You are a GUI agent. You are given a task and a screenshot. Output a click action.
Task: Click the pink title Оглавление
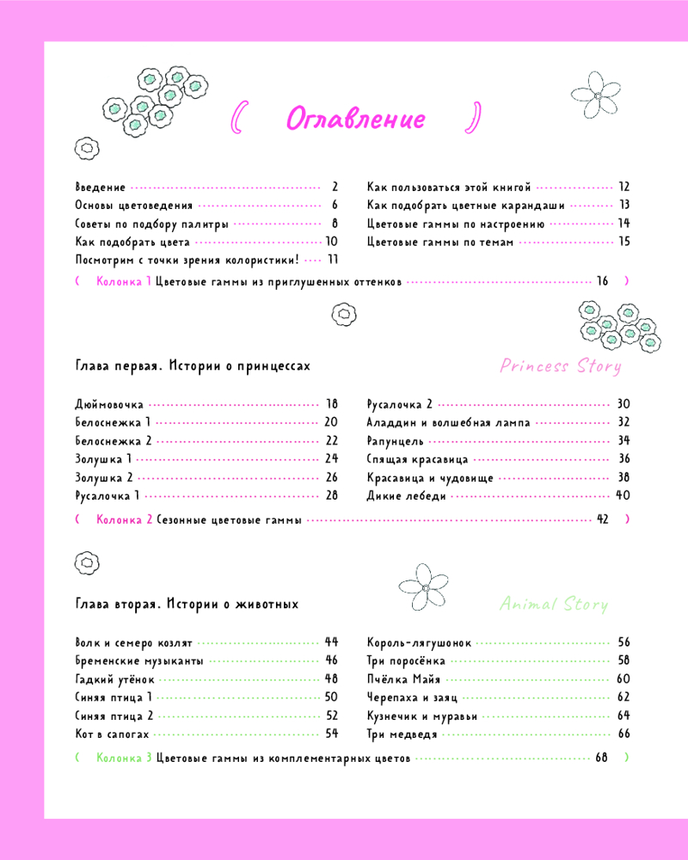point(355,119)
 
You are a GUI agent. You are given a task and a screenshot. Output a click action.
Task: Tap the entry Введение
point(101,187)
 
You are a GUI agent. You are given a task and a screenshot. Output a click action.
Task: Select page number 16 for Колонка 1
point(602,281)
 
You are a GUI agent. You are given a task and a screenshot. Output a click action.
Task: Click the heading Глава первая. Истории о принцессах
point(193,365)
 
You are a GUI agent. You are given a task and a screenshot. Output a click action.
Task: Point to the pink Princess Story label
point(561,366)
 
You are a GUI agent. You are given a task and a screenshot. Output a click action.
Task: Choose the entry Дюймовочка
point(109,403)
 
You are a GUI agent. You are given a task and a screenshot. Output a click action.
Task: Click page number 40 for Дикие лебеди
point(623,496)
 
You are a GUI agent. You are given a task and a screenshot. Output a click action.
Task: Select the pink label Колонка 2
point(125,519)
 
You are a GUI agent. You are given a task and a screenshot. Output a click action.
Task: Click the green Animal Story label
point(554,605)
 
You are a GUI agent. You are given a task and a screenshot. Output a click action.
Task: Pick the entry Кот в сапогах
point(113,734)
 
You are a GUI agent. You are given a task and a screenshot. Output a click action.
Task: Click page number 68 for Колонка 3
point(601,759)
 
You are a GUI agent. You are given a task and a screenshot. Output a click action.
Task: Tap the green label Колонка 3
point(125,759)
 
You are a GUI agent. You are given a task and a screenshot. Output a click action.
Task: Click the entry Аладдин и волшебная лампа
point(448,422)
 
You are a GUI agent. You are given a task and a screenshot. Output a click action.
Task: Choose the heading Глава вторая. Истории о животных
point(187,605)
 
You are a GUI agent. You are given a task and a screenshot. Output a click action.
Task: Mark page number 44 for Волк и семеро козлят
point(331,642)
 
